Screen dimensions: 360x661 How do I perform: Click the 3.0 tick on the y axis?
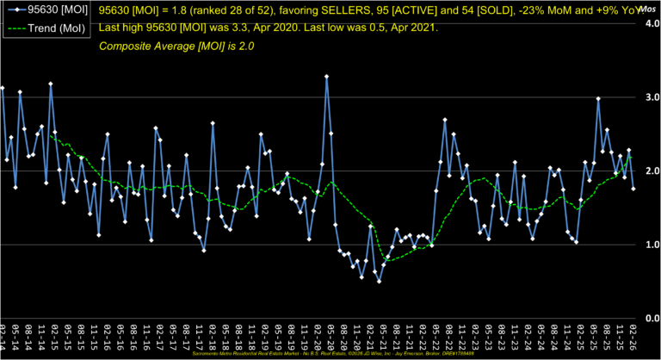pos(651,98)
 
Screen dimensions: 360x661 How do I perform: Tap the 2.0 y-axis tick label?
pos(651,171)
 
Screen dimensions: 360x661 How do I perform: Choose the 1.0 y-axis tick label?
pos(651,245)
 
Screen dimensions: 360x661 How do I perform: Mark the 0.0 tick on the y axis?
pos(651,318)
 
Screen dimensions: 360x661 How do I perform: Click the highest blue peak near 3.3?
pos(327,77)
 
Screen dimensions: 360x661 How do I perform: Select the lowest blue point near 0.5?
pos(379,281)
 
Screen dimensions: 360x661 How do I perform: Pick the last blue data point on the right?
pos(633,188)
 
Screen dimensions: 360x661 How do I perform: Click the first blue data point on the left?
pos(3,88)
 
